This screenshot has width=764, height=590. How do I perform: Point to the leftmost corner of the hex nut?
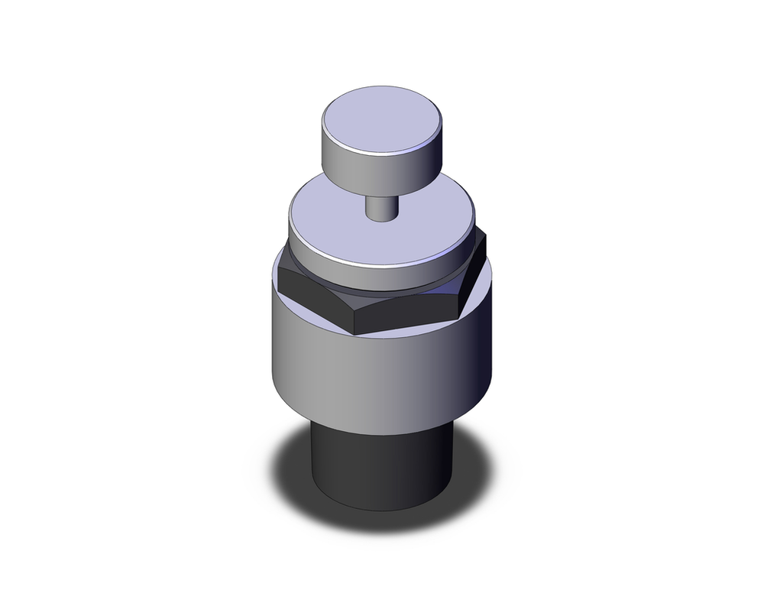[278, 264]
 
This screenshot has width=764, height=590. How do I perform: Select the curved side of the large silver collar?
[367, 367]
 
